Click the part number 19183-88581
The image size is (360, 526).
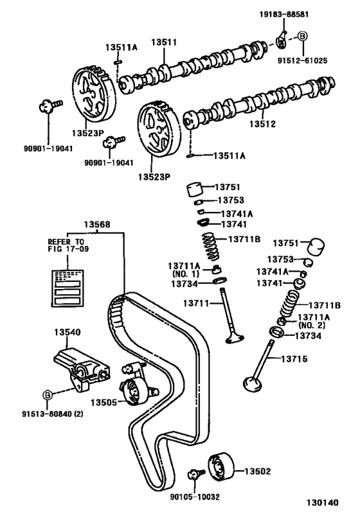click(x=283, y=14)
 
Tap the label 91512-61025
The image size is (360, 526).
click(x=302, y=61)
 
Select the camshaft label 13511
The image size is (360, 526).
click(x=163, y=42)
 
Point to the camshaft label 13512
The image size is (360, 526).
click(x=262, y=124)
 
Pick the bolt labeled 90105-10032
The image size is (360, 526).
click(x=195, y=474)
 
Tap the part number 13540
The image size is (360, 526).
click(x=67, y=332)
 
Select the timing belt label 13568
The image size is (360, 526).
click(x=96, y=224)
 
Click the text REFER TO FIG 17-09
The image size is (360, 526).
click(x=68, y=245)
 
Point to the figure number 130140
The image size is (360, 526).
click(x=322, y=502)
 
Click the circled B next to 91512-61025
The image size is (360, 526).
click(x=303, y=36)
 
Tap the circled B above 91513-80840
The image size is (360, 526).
click(x=48, y=395)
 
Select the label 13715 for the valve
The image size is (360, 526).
click(x=294, y=359)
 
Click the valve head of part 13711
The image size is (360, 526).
click(x=235, y=338)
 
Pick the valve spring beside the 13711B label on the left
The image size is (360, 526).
click(x=211, y=247)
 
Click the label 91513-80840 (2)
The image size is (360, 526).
click(x=53, y=414)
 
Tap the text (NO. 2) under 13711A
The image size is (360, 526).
click(x=311, y=325)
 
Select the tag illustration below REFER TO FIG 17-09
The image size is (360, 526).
click(x=67, y=288)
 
